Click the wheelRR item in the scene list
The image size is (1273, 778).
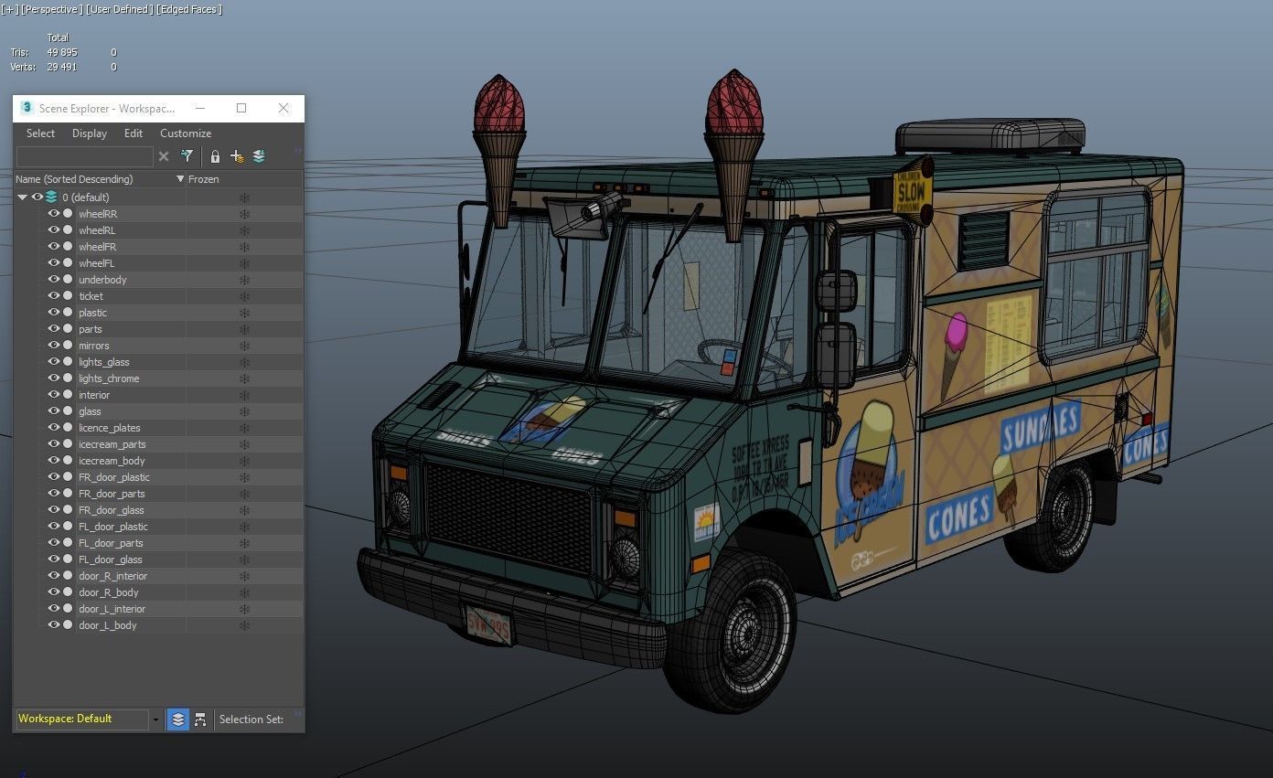(x=98, y=214)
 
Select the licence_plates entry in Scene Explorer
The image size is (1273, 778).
(x=109, y=428)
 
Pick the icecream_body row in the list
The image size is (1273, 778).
(x=112, y=461)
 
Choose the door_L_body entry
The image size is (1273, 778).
(x=107, y=625)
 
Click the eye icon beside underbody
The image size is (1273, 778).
(x=53, y=280)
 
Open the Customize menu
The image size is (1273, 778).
(x=186, y=133)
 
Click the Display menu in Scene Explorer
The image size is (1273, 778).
(x=90, y=133)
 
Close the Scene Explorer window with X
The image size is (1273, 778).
(x=283, y=108)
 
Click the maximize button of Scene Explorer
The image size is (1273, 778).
(x=241, y=108)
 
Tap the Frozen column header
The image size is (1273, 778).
(x=204, y=179)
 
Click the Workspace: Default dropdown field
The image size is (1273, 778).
(x=82, y=719)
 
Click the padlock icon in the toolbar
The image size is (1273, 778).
(x=215, y=156)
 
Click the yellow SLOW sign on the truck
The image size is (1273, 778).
(x=911, y=193)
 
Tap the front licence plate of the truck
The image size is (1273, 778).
(x=489, y=625)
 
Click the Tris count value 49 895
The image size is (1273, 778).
(x=62, y=52)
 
